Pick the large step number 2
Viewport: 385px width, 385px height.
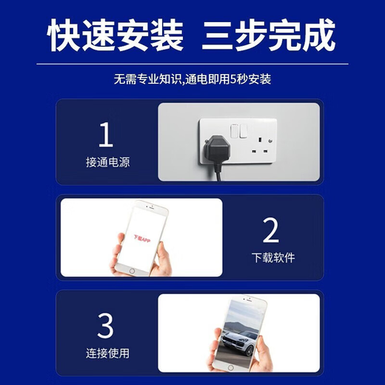point(271,231)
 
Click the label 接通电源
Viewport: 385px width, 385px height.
point(107,162)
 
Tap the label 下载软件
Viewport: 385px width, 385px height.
point(272,258)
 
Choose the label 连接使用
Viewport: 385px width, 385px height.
point(107,352)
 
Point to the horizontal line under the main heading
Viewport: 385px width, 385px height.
point(192,64)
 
